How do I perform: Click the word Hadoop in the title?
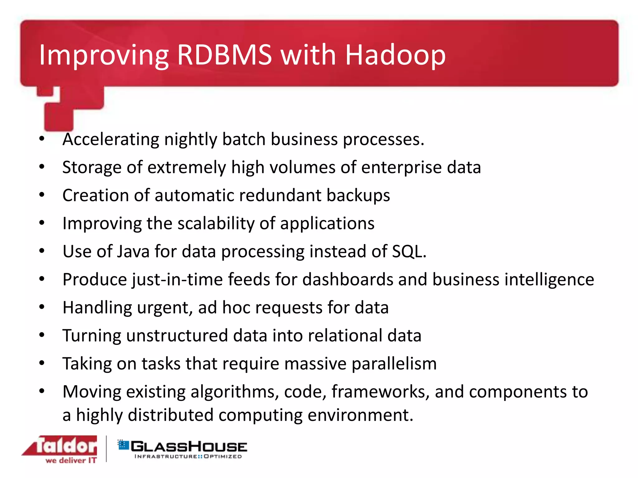tap(395, 55)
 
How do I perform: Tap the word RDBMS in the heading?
tap(224, 55)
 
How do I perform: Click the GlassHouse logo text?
tap(189, 447)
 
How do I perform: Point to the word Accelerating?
tap(111, 139)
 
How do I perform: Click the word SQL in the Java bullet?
tap(408, 251)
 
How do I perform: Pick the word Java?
tap(133, 251)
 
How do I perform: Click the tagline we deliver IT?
tap(71, 461)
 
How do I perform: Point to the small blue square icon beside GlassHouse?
tap(123, 445)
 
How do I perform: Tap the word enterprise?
tap(402, 167)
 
